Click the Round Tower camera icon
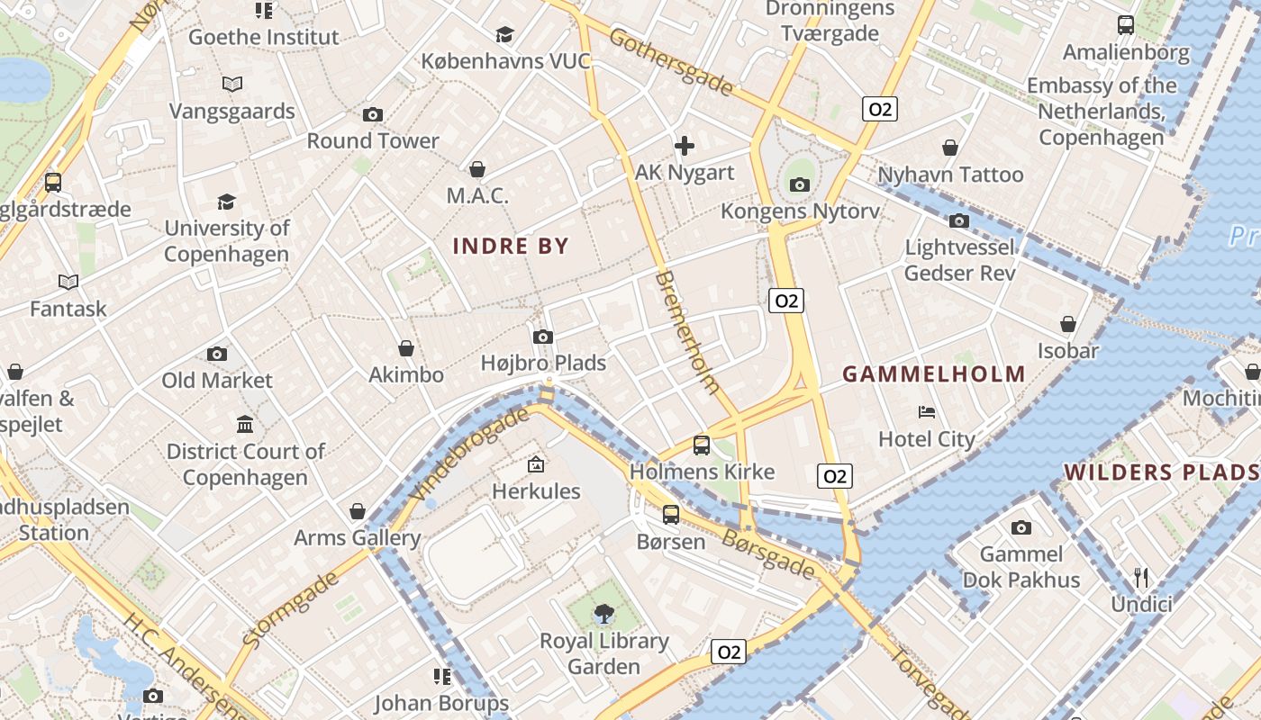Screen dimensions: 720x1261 (373, 115)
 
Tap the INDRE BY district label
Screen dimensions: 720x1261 (511, 246)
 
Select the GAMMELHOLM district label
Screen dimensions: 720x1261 (934, 374)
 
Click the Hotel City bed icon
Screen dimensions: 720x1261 (927, 412)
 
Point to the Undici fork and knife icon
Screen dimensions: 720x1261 (1141, 577)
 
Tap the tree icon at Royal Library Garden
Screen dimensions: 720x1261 (604, 615)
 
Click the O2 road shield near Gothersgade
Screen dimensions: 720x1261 (879, 109)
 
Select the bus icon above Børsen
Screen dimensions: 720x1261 (671, 515)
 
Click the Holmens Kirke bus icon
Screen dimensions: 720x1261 (702, 445)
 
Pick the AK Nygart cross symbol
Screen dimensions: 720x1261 (685, 145)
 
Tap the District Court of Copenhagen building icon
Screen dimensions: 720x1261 (245, 424)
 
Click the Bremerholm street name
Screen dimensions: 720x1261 (688, 332)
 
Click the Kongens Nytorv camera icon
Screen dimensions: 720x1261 (799, 185)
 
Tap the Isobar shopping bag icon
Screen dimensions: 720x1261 (1068, 324)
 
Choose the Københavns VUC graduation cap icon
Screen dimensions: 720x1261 (504, 34)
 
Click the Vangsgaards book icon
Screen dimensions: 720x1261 (232, 85)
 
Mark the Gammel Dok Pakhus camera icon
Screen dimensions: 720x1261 (1021, 527)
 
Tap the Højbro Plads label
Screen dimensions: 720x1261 (543, 363)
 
